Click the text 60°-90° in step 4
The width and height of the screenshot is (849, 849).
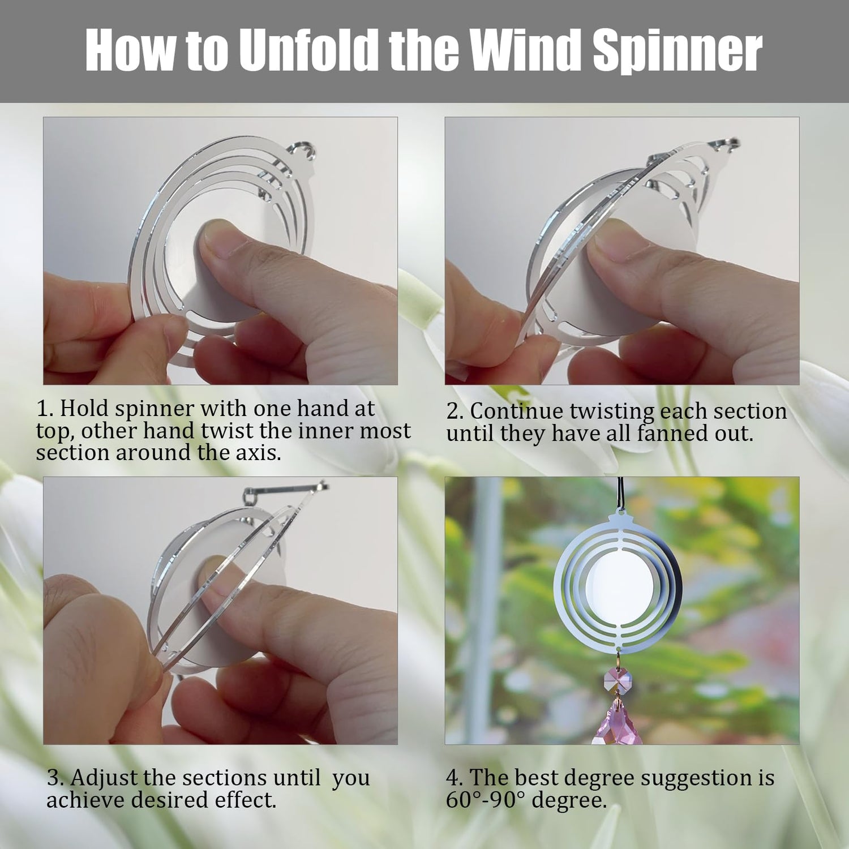point(486,800)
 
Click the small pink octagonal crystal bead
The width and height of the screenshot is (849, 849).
point(619,679)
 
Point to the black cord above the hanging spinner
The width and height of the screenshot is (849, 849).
point(619,494)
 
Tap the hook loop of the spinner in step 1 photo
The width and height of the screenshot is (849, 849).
point(302,152)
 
